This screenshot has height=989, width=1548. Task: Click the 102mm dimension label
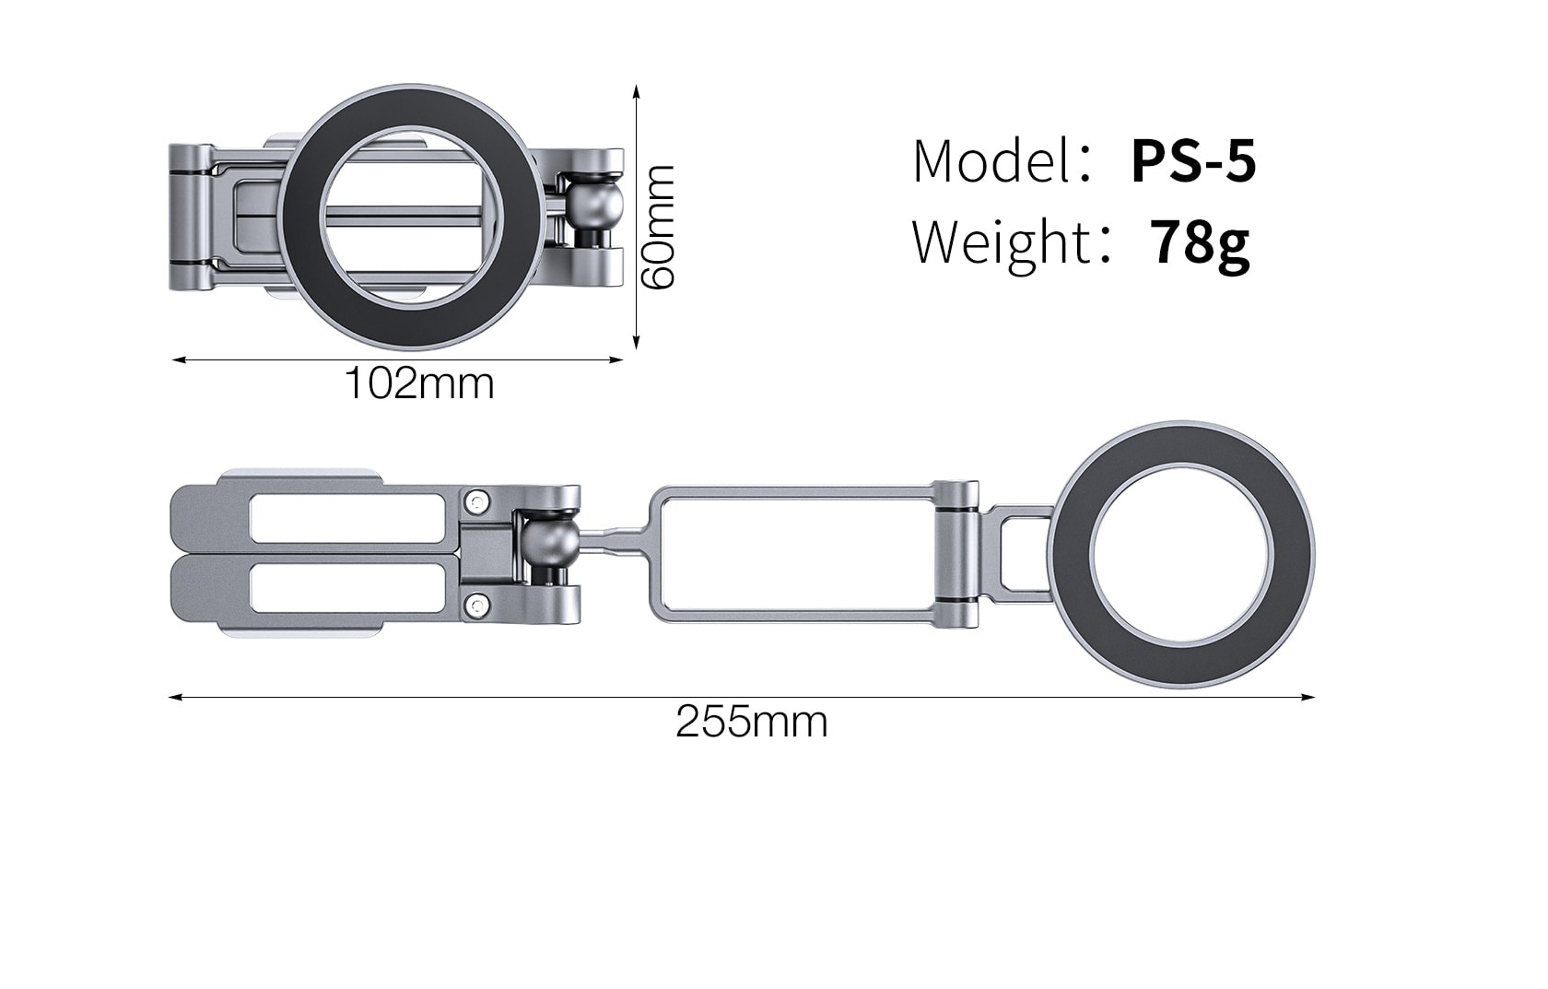click(x=419, y=383)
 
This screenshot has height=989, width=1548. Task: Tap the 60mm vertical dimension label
click(x=659, y=227)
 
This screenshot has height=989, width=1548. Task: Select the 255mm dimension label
click(x=752, y=722)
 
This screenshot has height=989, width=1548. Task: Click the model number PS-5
click(x=1193, y=161)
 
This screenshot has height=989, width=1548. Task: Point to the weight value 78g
click(x=1201, y=242)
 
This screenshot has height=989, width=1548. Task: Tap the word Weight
click(x=1002, y=242)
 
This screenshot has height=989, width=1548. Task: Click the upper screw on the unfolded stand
click(x=476, y=502)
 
